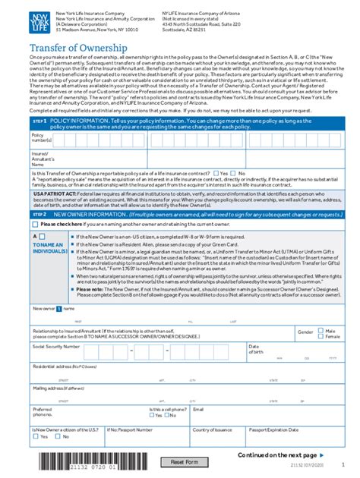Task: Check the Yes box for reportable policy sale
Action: click(217, 173)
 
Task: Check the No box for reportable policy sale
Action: click(236, 173)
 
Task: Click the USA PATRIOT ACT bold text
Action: click(33, 193)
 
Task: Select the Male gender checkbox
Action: click(321, 331)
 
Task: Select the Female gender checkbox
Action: click(321, 337)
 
